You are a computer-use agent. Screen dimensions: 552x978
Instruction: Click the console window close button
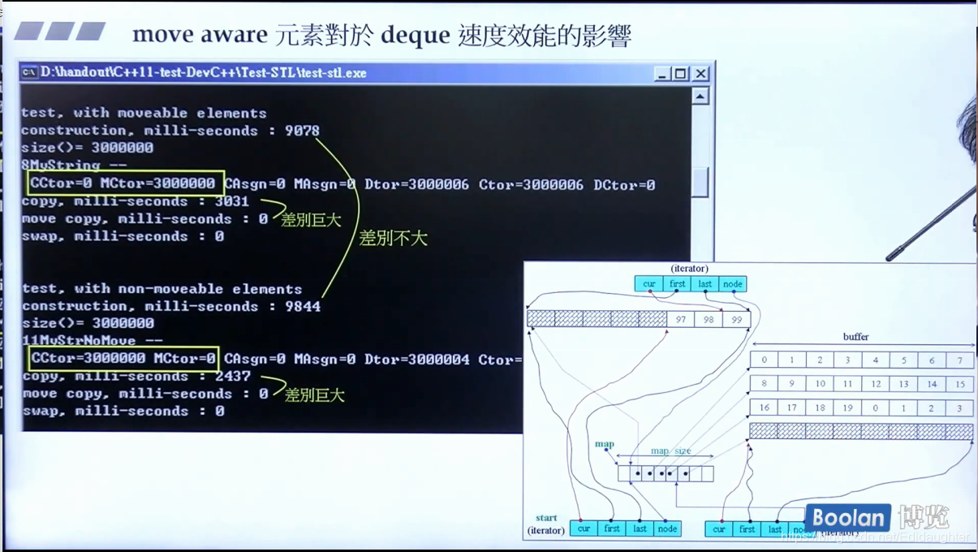coord(700,73)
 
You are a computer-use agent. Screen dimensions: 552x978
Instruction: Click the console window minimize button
coord(662,73)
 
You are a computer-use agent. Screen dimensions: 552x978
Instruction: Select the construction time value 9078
coord(302,131)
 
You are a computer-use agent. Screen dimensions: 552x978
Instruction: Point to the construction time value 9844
coord(303,306)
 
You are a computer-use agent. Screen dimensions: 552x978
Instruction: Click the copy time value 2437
coord(233,377)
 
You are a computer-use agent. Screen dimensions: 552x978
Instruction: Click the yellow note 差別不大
coord(393,238)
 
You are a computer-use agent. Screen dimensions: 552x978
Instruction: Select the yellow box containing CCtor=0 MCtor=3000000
coord(123,184)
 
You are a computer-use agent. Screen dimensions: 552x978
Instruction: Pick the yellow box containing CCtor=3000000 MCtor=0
coord(123,358)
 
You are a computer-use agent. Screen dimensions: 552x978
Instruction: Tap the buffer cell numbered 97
coord(680,319)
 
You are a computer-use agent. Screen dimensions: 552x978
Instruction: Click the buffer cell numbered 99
coord(736,319)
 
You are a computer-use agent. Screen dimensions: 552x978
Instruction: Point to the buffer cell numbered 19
coord(847,408)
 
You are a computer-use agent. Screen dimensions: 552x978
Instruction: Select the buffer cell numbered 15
coord(959,384)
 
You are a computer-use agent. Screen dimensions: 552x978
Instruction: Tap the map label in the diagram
coord(604,444)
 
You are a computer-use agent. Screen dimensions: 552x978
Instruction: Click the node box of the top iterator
coord(732,284)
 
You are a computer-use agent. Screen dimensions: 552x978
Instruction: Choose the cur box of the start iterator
coord(584,528)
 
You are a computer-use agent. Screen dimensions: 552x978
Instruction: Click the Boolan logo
coord(847,518)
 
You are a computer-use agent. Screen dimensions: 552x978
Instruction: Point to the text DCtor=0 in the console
coord(624,185)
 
